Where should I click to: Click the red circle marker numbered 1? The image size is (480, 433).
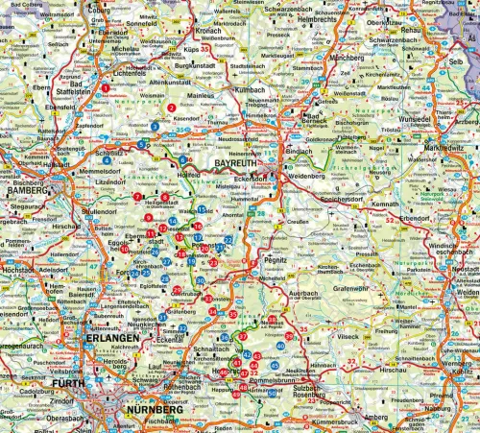point(105,88)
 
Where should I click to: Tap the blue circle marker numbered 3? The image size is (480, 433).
point(155,125)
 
